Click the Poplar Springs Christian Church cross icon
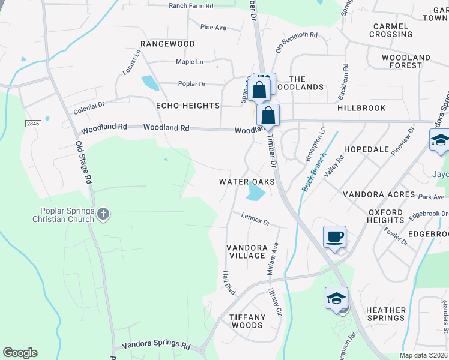click(x=103, y=214)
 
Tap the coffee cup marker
click(x=334, y=236)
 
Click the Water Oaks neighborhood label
click(x=247, y=181)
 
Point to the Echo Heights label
click(x=188, y=106)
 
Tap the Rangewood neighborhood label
click(x=167, y=44)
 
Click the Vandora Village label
click(x=246, y=251)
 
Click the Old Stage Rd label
click(x=83, y=162)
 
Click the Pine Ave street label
click(x=213, y=27)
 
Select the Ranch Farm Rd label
click(x=191, y=5)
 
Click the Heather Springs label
click(x=385, y=314)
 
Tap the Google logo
click(x=20, y=353)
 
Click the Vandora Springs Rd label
click(x=156, y=345)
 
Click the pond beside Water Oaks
click(x=255, y=193)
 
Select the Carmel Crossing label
click(x=391, y=30)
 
